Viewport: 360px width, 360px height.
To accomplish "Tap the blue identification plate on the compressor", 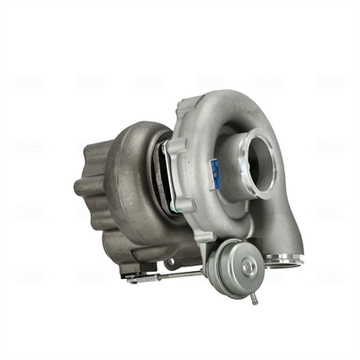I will click(x=215, y=172).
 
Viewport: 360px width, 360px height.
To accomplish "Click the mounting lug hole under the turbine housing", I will click(x=168, y=263).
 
